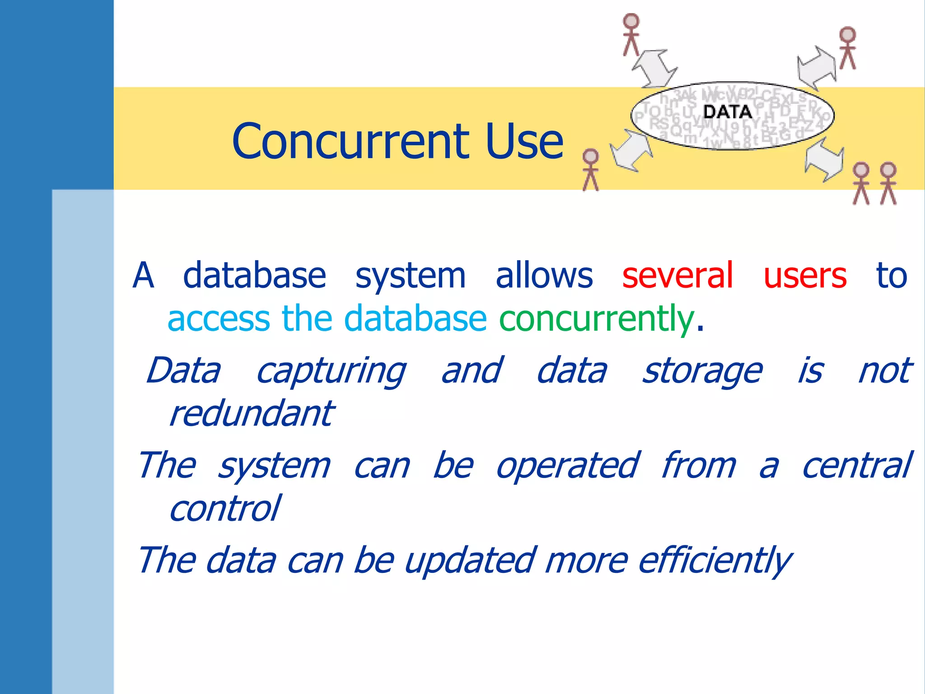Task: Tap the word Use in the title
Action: pos(524,141)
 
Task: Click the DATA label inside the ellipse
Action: pos(728,112)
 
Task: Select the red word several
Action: pos(677,275)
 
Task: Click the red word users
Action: pos(805,276)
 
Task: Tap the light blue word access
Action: pos(219,319)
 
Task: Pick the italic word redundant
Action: pos(251,413)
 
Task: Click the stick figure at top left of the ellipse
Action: pos(631,34)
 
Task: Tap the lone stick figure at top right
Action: pos(847,48)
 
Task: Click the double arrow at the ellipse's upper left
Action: pos(654,68)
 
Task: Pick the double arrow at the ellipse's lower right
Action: pos(824,160)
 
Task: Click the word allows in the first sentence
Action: pos(544,275)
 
